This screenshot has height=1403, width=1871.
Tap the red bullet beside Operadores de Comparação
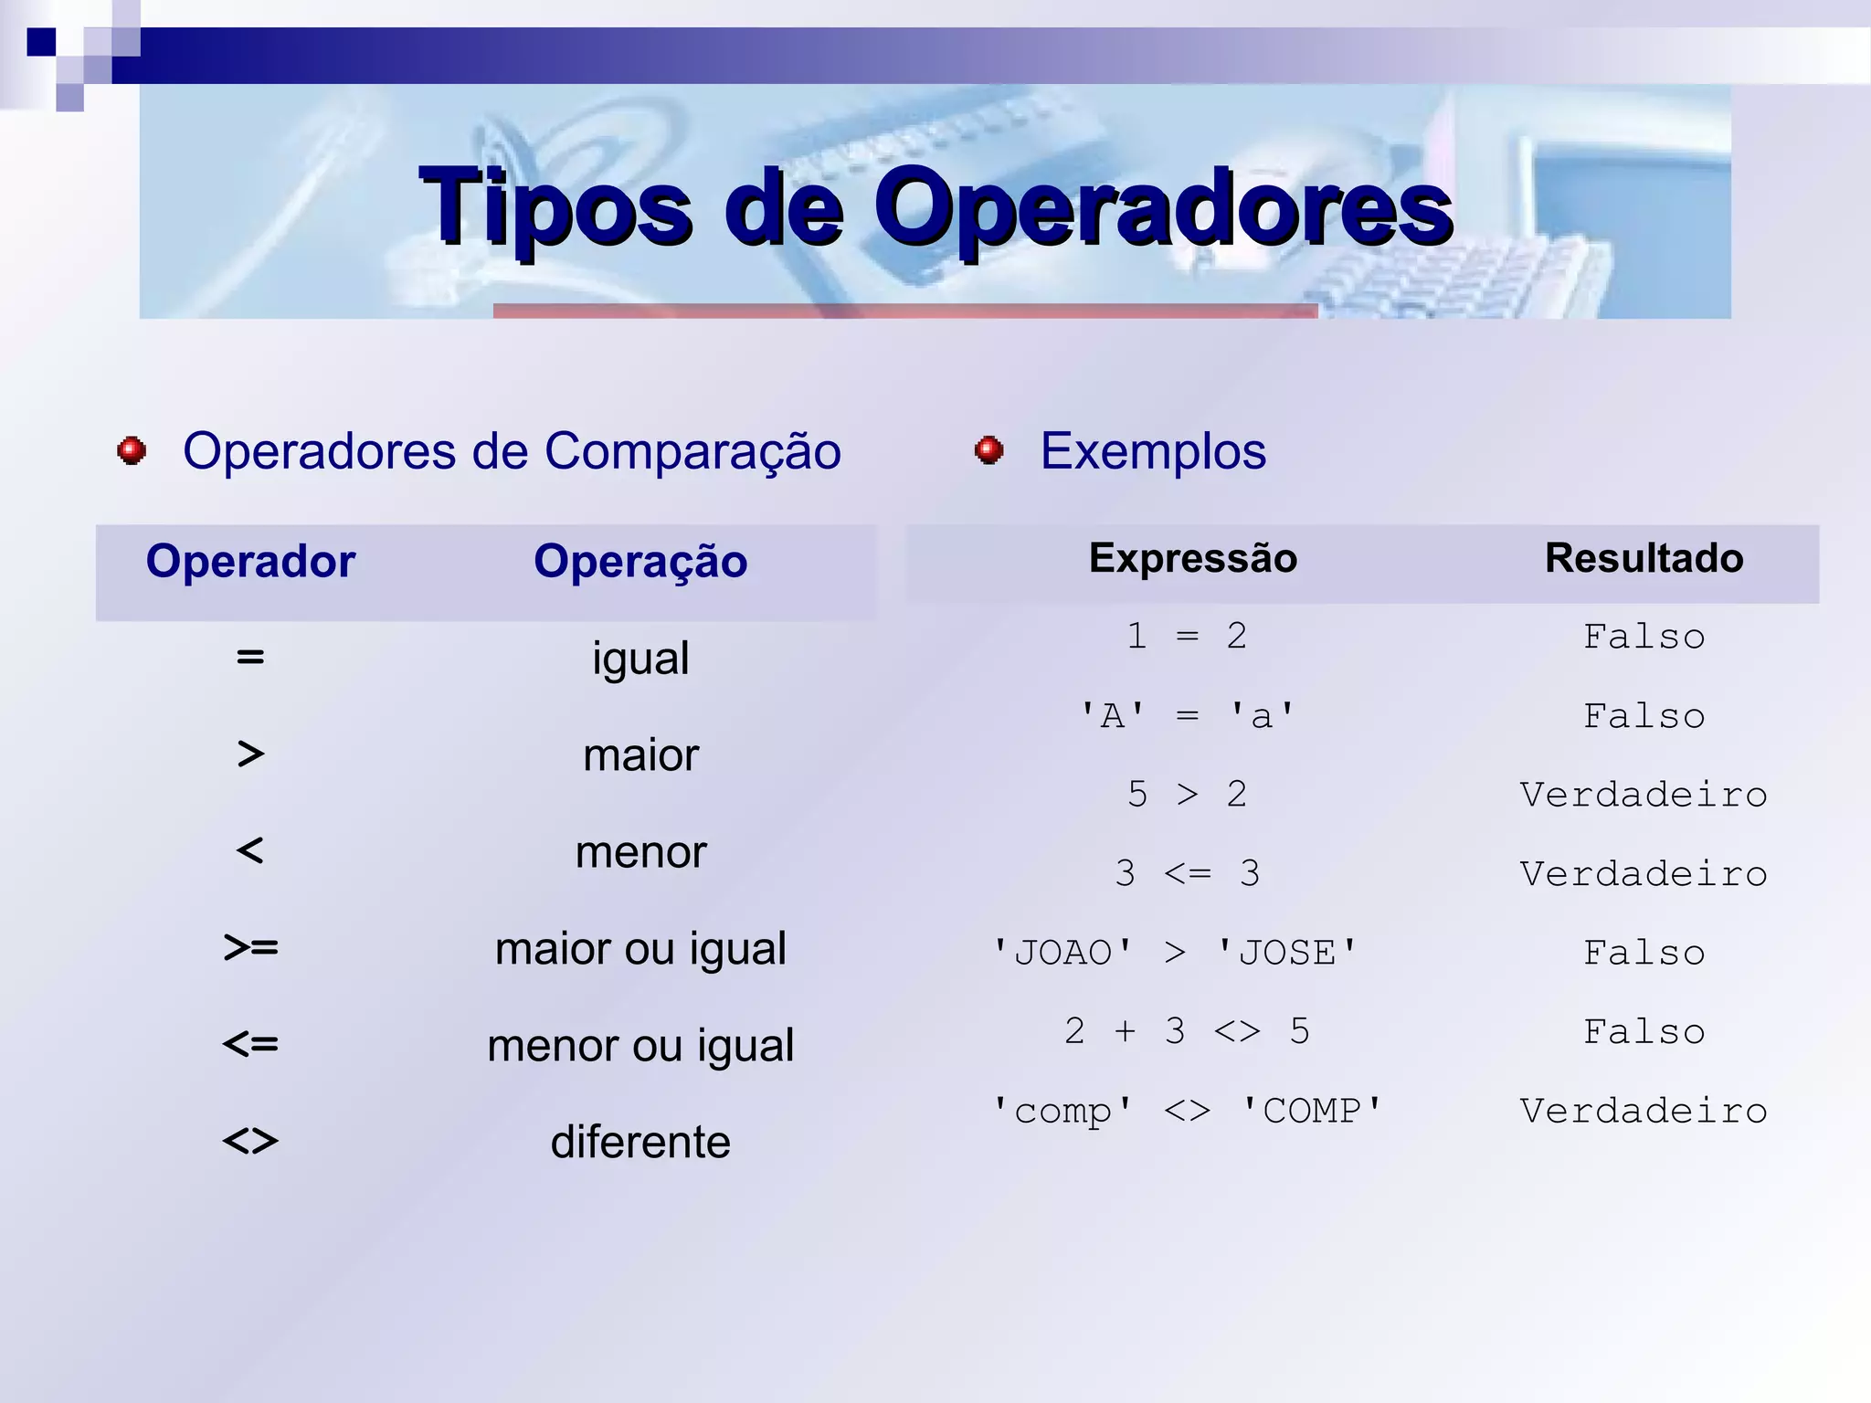click(132, 450)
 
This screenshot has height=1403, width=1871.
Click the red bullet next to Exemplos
click(988, 450)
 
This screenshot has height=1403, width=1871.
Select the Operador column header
click(250, 561)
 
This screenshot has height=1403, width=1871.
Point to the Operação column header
click(640, 561)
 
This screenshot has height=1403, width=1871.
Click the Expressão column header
click(1192, 558)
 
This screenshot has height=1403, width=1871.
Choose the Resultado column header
click(1644, 558)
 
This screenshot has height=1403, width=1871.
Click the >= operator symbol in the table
click(250, 948)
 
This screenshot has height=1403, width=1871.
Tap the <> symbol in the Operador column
click(250, 1141)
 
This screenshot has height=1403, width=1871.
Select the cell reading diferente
click(640, 1142)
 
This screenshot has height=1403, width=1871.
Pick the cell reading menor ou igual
click(640, 1045)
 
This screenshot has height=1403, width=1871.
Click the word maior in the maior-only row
click(640, 755)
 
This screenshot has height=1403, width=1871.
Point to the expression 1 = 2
click(1187, 636)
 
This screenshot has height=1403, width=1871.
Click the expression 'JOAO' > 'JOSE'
click(1176, 953)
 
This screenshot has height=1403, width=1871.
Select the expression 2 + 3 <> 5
click(1187, 1031)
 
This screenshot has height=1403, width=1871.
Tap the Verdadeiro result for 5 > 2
click(1644, 795)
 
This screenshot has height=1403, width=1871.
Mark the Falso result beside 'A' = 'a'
click(1644, 716)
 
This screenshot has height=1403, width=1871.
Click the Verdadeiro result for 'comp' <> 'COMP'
click(1644, 1111)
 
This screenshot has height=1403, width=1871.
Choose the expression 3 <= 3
click(1187, 873)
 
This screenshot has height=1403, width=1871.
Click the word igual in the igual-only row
click(640, 659)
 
